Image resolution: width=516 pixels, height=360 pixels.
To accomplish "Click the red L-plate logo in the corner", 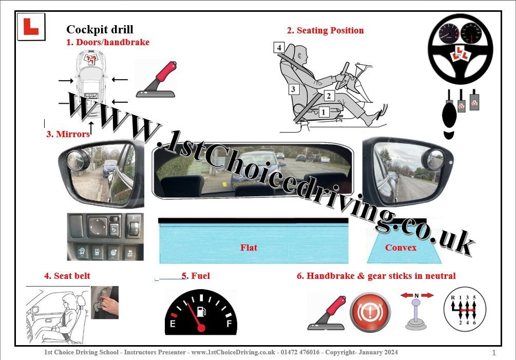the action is [31, 27].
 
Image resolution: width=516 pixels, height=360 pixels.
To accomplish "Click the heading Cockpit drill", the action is [100, 29].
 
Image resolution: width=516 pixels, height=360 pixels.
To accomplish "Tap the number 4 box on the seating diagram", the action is [279, 47].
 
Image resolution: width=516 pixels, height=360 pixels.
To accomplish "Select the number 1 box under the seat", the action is [323, 112].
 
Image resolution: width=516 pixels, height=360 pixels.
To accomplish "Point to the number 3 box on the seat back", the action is [293, 89].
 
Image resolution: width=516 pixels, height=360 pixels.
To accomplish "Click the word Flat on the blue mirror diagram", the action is [249, 248].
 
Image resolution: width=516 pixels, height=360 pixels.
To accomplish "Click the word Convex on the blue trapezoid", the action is [400, 248].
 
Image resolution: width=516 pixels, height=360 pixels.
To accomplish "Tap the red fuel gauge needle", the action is [195, 315].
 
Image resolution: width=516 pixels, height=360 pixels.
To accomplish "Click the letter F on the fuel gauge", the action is [230, 324].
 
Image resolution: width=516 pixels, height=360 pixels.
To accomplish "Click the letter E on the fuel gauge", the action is [172, 324].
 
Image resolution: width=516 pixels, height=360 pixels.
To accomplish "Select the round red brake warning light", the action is [370, 312].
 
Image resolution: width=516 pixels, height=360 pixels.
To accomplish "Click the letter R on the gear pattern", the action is [453, 298].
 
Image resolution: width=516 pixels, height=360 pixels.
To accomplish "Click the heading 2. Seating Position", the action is [325, 30].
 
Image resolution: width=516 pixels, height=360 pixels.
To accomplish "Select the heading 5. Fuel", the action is [196, 276].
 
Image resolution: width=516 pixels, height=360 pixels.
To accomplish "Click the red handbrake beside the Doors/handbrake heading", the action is [156, 79].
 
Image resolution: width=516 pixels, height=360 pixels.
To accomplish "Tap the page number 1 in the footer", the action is [493, 353].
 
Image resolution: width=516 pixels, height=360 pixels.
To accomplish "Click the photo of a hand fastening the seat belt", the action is [105, 302].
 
